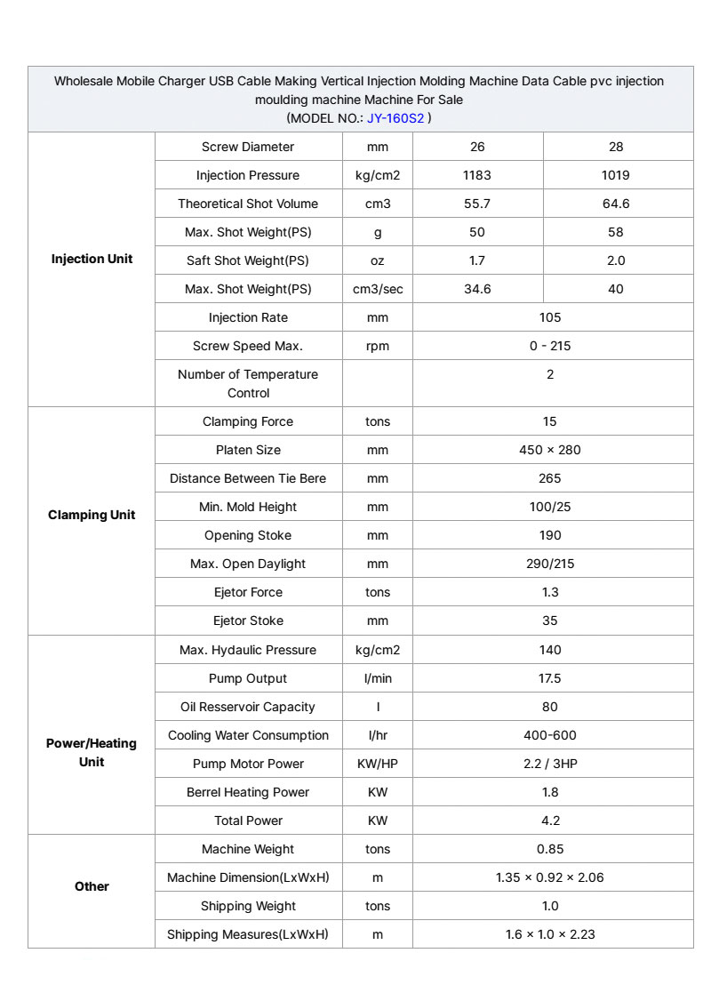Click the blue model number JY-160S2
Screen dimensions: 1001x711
click(395, 117)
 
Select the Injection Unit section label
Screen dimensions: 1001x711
click(92, 259)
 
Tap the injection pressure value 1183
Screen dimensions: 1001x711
click(477, 175)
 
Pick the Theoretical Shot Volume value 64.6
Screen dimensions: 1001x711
click(616, 204)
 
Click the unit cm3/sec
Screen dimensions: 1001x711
click(378, 289)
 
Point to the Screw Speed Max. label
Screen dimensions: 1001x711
click(248, 346)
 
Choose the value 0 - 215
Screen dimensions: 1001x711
click(550, 346)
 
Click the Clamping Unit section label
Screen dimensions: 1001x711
click(92, 515)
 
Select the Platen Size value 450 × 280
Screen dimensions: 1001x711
click(550, 450)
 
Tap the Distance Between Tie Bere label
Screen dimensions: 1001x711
click(248, 478)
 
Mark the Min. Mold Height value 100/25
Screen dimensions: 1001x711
click(550, 507)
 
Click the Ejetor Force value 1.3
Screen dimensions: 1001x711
click(550, 592)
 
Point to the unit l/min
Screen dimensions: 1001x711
click(378, 678)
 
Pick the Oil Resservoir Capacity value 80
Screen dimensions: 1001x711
click(550, 707)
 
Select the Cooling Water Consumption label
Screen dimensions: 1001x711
click(248, 735)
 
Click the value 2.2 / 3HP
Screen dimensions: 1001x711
click(550, 764)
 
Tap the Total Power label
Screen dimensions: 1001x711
click(248, 821)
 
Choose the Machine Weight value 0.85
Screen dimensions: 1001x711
click(550, 849)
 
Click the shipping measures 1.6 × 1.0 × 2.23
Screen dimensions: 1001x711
click(550, 934)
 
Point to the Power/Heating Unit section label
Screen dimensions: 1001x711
click(92, 752)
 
